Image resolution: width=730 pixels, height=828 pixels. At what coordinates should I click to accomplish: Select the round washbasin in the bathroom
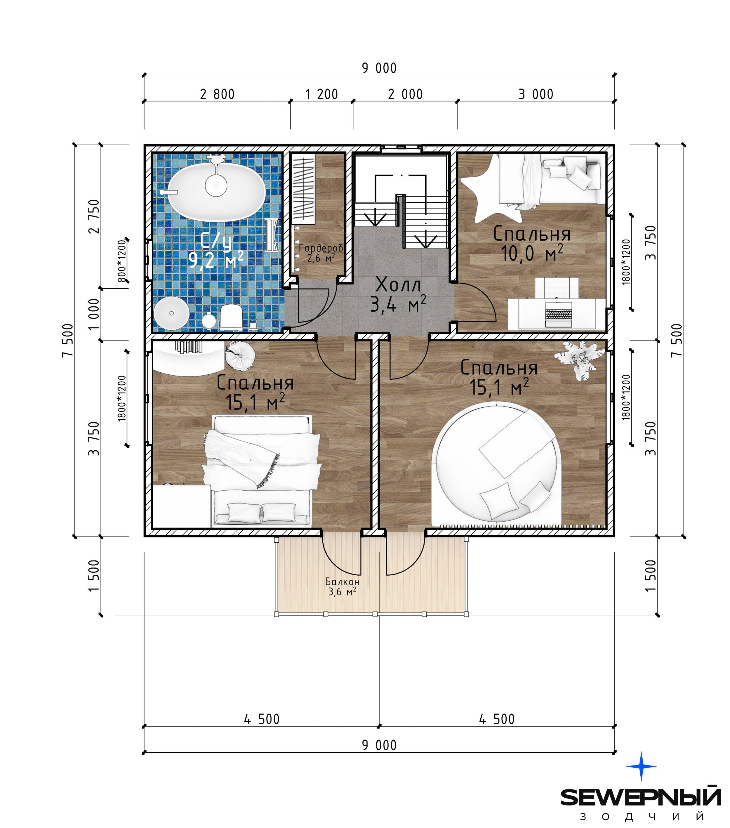click(171, 313)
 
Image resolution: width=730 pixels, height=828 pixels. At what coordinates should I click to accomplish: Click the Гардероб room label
click(321, 247)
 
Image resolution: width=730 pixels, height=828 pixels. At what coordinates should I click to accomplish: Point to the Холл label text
click(398, 284)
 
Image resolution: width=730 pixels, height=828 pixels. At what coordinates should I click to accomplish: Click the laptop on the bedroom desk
click(558, 314)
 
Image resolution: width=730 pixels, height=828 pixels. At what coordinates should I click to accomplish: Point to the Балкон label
click(342, 582)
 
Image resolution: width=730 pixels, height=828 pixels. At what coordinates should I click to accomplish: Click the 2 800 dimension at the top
click(217, 94)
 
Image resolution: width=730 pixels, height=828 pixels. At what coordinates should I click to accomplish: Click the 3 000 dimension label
click(536, 94)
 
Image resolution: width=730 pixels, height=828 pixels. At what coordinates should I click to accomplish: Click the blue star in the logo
click(641, 766)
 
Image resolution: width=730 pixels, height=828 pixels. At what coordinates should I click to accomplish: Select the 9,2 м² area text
click(216, 260)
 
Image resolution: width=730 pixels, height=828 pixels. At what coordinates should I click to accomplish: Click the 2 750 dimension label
click(94, 216)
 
